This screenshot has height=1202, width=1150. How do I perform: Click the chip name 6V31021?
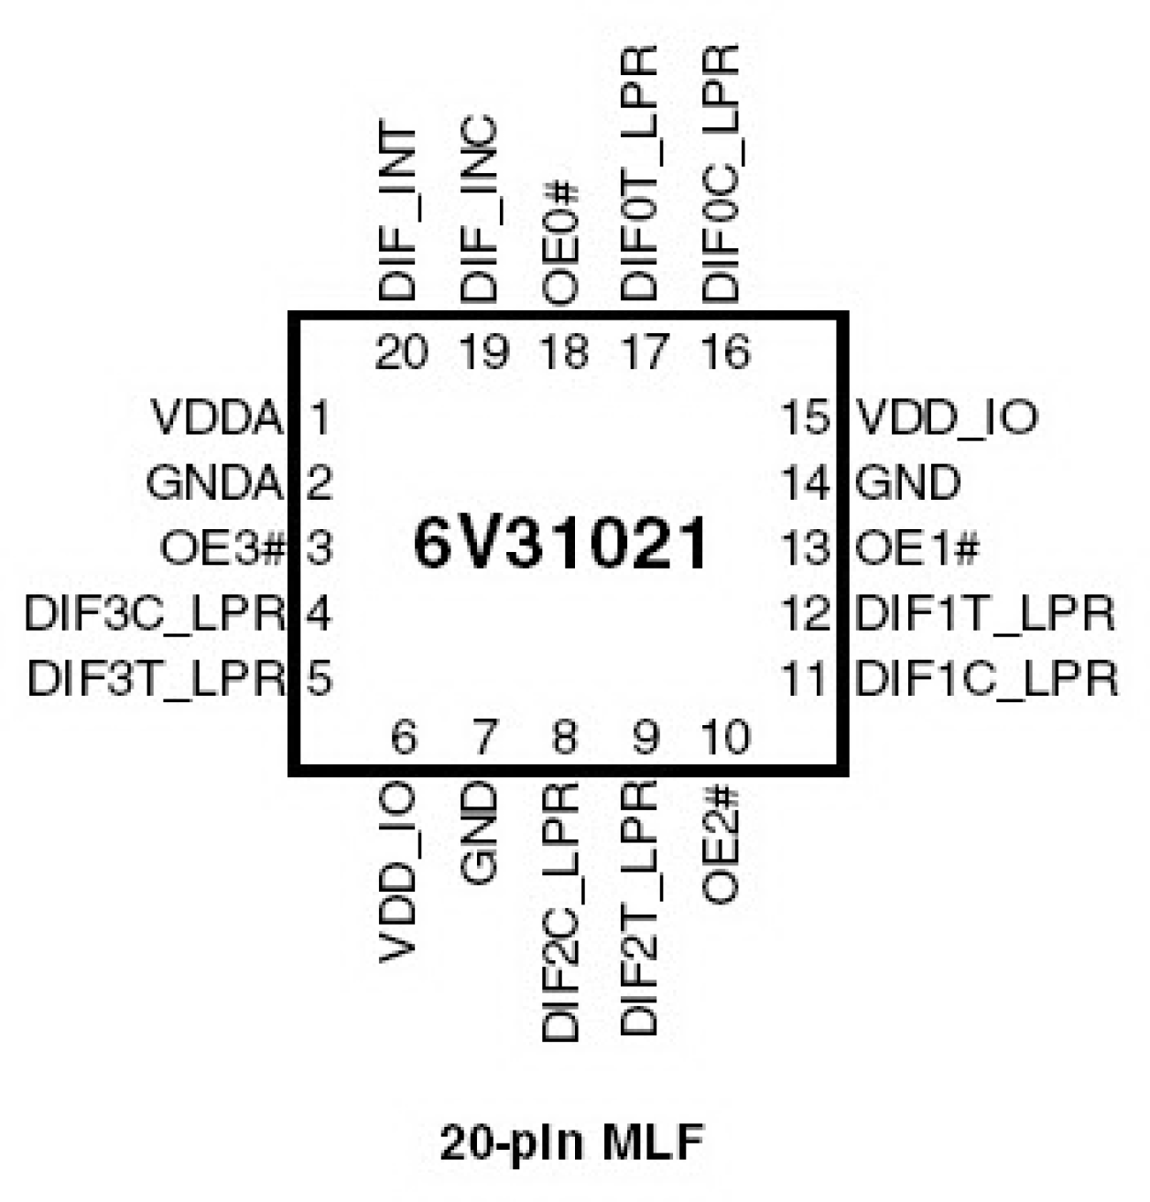[x=560, y=546]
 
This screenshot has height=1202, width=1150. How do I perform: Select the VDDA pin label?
[x=217, y=418]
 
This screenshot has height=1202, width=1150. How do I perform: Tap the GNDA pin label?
[x=213, y=482]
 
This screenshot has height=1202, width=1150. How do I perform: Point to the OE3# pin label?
[x=222, y=548]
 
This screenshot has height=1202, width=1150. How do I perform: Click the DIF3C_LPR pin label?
[x=155, y=612]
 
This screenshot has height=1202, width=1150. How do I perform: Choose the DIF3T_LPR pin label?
[x=157, y=678]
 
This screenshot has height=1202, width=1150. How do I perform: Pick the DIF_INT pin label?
[x=398, y=213]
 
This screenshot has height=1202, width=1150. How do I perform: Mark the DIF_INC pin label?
[x=479, y=210]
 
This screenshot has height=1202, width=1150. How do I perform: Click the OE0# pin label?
[x=560, y=243]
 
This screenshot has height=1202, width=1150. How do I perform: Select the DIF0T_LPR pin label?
[x=639, y=174]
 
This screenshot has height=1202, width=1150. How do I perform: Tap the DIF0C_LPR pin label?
[x=721, y=174]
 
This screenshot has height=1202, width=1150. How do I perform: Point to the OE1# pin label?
[x=917, y=548]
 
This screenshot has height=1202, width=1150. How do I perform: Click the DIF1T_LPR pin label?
[x=985, y=612]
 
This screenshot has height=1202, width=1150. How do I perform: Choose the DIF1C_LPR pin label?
[x=986, y=678]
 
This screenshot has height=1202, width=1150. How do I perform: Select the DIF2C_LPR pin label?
[x=560, y=912]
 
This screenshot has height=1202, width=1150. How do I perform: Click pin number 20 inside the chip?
[x=401, y=352]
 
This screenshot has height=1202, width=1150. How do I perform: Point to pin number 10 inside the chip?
[x=725, y=737]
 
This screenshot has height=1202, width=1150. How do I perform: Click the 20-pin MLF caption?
[x=572, y=1142]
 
